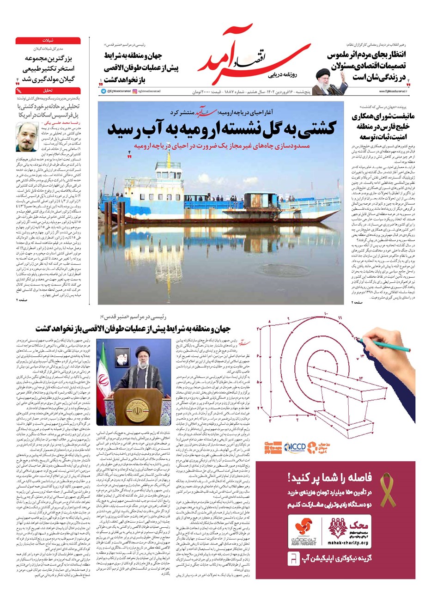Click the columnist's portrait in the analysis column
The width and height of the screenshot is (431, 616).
click(26, 136)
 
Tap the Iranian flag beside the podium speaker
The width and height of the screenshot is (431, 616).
click(102, 384)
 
